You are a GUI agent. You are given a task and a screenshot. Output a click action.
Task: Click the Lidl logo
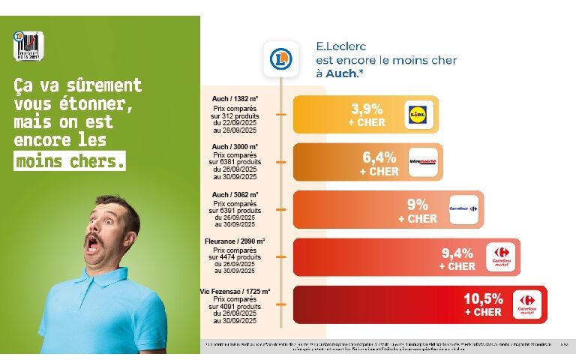point(418,114)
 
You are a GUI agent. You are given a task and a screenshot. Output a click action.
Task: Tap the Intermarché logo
point(423,161)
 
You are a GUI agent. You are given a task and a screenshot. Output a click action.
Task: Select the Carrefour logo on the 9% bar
point(463,208)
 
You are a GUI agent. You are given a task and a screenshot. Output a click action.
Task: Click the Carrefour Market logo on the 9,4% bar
point(500,258)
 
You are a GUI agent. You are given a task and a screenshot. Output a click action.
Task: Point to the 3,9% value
point(367,108)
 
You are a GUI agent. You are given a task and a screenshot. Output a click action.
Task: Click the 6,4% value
point(379,157)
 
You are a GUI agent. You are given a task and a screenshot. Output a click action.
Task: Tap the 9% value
point(418,204)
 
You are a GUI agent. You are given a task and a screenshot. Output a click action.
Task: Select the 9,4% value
point(457,253)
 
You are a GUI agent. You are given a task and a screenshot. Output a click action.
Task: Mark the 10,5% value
point(483,298)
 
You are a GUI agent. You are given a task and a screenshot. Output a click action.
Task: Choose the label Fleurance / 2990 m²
point(235,241)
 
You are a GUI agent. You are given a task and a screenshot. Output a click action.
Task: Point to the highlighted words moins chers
point(70,160)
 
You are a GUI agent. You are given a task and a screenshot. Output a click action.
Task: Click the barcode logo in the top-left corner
point(28,46)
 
